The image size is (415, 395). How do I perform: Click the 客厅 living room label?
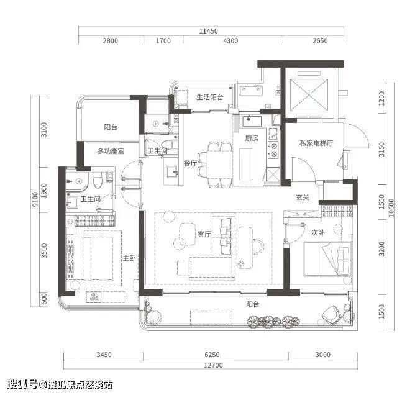[x=204, y=234]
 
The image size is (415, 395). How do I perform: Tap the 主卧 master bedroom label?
[x=129, y=258]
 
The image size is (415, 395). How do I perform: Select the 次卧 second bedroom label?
[x=317, y=232]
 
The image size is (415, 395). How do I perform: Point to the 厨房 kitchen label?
[x=252, y=138]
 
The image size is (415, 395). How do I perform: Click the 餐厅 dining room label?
[x=190, y=163]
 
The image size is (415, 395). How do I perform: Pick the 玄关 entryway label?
[x=303, y=197]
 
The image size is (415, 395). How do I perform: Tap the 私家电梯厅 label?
[x=316, y=143]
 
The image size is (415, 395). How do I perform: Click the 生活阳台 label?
[x=210, y=97]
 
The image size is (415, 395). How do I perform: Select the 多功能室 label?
[x=111, y=152]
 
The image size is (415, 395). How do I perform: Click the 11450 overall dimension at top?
[x=209, y=31]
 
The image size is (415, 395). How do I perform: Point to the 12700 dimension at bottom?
[x=213, y=365]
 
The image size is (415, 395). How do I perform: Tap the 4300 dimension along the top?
[x=230, y=41]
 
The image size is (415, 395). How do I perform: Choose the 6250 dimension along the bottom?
[x=212, y=355]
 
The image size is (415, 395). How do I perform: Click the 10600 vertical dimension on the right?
[x=391, y=208]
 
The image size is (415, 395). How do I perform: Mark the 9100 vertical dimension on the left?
[x=35, y=200]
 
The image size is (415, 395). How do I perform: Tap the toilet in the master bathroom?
[x=98, y=180]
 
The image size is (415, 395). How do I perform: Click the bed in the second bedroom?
[x=328, y=259]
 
